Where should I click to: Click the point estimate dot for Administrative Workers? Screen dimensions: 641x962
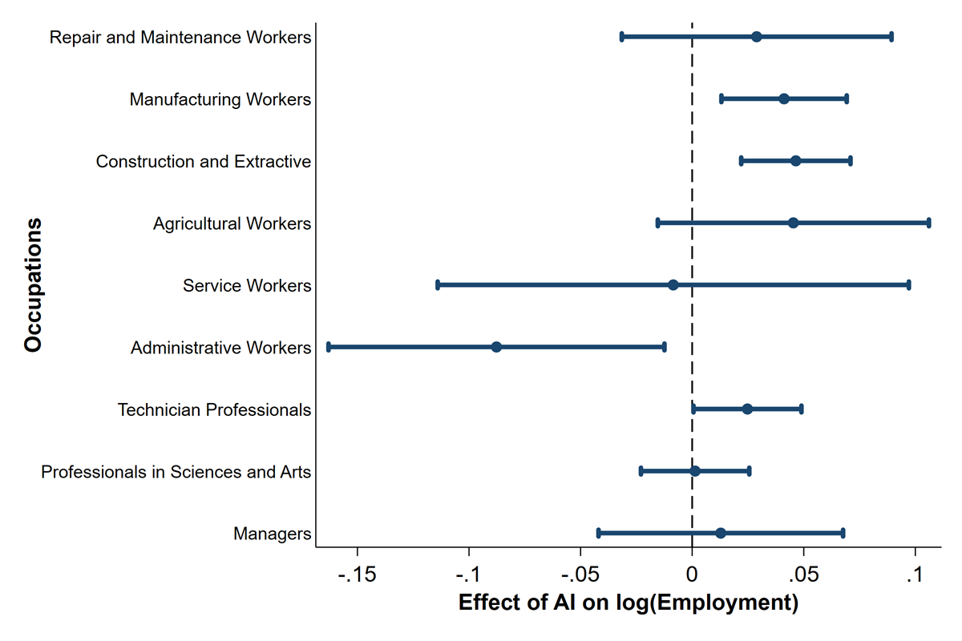click(x=496, y=347)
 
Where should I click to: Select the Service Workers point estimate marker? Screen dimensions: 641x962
click(x=673, y=285)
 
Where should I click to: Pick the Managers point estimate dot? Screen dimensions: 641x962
click(x=721, y=534)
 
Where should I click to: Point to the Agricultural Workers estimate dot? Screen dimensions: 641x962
click(x=794, y=223)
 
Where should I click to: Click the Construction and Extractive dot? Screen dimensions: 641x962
click(x=796, y=161)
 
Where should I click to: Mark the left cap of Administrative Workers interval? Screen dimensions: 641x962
click(x=329, y=347)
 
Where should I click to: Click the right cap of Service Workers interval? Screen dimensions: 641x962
click(x=908, y=285)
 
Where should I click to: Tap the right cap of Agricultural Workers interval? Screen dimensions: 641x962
click(x=928, y=223)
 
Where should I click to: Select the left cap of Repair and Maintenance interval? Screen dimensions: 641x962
click(x=622, y=37)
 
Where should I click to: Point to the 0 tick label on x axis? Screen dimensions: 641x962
click(x=692, y=576)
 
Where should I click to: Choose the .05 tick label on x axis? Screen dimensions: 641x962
click(x=803, y=576)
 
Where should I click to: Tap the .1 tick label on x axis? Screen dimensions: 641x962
click(x=915, y=576)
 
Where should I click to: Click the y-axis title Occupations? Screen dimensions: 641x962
click(x=33, y=285)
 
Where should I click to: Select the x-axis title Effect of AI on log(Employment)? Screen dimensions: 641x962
click(x=628, y=603)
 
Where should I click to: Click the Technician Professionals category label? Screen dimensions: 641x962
click(x=214, y=409)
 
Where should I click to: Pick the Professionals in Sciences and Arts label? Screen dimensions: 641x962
click(x=176, y=472)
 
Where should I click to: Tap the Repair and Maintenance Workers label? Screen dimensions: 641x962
click(x=180, y=38)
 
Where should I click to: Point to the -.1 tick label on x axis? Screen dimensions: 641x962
click(x=468, y=576)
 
